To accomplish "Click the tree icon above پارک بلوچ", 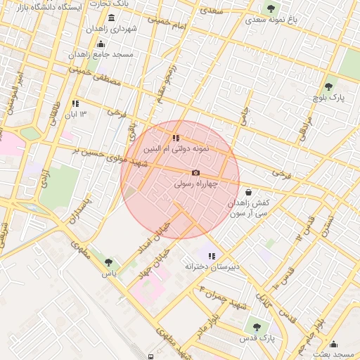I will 328,87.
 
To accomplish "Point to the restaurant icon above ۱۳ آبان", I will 75,103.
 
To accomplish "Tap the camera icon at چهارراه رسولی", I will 195,173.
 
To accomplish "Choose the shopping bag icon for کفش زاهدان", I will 247,191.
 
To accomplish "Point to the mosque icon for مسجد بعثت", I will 333,345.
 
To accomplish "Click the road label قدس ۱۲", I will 303,228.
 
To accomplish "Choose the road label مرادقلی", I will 304,126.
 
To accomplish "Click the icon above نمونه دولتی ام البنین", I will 175,139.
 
